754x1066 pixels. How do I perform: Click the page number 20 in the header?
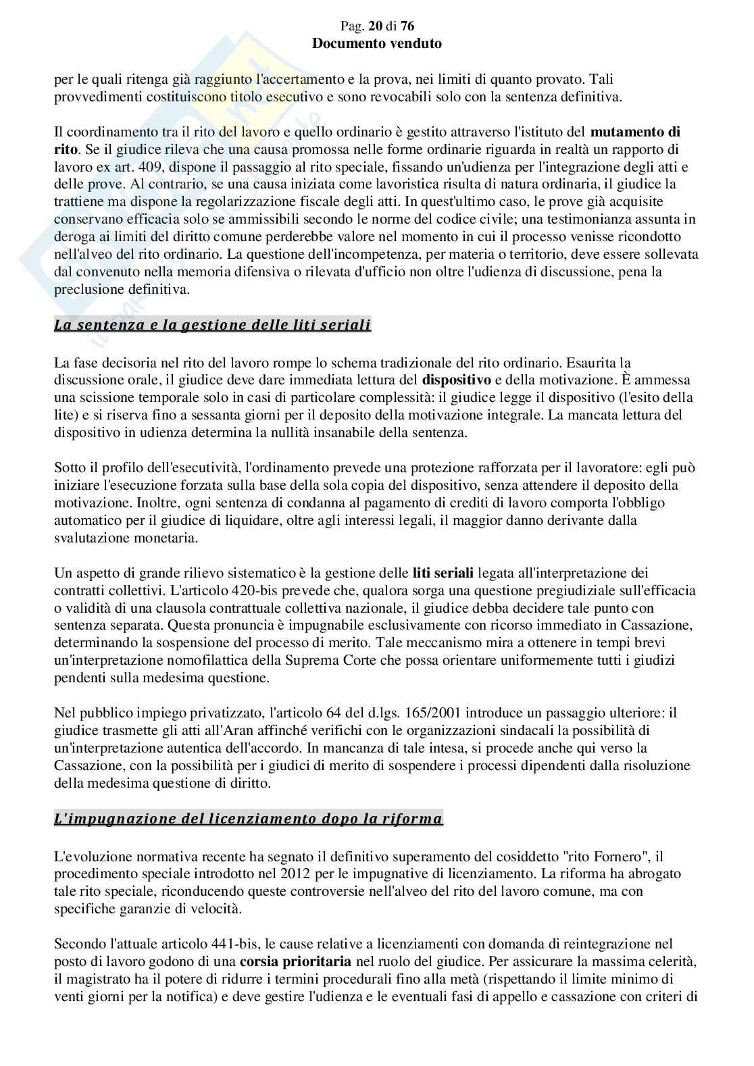pos(371,26)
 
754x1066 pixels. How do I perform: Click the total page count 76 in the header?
pos(407,26)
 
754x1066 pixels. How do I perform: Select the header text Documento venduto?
pos(377,43)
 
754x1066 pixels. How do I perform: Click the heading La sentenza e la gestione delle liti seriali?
pos(212,325)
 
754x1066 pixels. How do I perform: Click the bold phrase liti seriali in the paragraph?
pos(443,573)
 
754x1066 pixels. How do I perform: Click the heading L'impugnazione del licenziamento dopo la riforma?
pos(248,819)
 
